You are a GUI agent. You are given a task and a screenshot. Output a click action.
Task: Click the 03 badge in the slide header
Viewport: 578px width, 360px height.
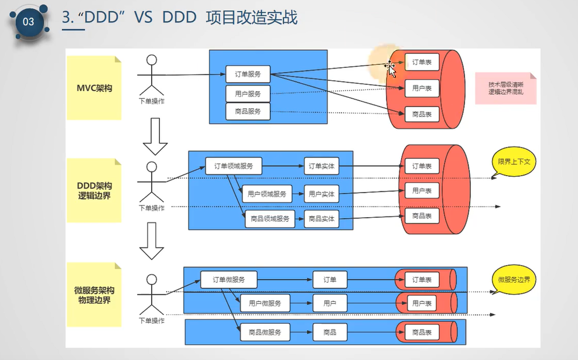[x=28, y=22]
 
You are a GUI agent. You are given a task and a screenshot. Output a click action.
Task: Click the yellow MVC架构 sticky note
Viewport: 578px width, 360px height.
[x=94, y=88]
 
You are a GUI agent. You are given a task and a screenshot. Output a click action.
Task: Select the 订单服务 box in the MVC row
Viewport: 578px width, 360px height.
[x=248, y=74]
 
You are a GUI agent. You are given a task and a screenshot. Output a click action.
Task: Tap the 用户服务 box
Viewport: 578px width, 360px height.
[x=248, y=93]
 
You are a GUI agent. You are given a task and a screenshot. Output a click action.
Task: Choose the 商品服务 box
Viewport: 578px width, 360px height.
[x=248, y=111]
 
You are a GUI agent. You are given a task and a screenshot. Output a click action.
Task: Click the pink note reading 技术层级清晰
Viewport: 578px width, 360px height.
[x=505, y=88]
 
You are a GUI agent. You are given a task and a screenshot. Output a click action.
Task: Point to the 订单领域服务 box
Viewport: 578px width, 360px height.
[x=233, y=166]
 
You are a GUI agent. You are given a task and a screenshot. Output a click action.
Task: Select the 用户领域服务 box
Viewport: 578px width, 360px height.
[x=267, y=194]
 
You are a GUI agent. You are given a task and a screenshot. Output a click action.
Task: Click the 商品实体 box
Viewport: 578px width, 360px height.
[x=322, y=218]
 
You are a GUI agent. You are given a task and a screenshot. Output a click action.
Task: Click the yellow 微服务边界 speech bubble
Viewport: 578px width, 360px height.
[x=514, y=280]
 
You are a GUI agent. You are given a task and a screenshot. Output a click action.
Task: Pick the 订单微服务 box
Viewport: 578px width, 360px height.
[x=228, y=279]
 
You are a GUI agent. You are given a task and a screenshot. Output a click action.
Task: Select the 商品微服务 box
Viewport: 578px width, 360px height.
[x=265, y=332]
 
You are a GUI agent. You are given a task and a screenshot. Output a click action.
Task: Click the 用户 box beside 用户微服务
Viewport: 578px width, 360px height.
[x=330, y=303]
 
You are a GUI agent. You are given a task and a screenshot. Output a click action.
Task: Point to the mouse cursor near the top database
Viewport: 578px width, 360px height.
[x=391, y=68]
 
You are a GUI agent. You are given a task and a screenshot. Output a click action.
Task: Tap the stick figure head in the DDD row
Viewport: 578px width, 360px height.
[x=152, y=167]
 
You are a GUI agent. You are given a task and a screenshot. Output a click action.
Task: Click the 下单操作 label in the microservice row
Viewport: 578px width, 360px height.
[x=152, y=320]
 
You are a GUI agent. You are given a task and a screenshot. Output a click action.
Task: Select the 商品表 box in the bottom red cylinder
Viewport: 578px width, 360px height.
[x=422, y=332]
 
